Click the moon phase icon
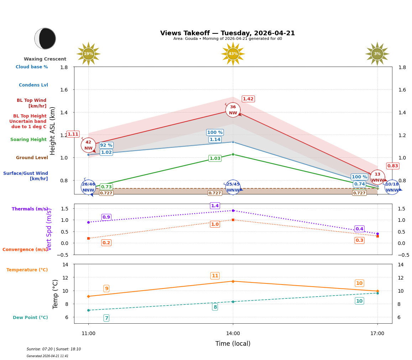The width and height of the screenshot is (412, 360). pyautogui.click(x=45, y=38)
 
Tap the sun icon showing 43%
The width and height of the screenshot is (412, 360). pyautogui.click(x=233, y=54)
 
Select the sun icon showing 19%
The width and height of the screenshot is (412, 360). pyautogui.click(x=88, y=54)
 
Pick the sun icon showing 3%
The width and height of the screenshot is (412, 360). pyautogui.click(x=377, y=54)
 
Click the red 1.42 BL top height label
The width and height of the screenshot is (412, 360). pyautogui.click(x=248, y=99)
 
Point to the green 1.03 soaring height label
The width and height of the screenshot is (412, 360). pyautogui.click(x=215, y=158)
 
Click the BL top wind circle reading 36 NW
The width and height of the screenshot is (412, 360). pyautogui.click(x=233, y=110)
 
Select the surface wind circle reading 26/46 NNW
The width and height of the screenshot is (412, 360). pyautogui.click(x=88, y=187)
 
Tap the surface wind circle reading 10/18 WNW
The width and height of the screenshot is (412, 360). pyautogui.click(x=392, y=187)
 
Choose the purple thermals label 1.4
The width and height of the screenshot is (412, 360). pyautogui.click(x=215, y=206)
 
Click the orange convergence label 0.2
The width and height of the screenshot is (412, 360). pyautogui.click(x=106, y=243)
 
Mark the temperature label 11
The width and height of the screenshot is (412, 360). pyautogui.click(x=215, y=276)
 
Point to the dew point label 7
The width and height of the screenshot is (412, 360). pyautogui.click(x=106, y=318)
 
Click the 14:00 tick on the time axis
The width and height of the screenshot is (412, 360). pyautogui.click(x=233, y=334)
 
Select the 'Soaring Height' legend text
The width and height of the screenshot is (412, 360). pyautogui.click(x=28, y=140)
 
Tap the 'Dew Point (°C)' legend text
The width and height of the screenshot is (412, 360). pyautogui.click(x=30, y=318)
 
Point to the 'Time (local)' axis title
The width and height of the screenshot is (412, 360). pyautogui.click(x=233, y=344)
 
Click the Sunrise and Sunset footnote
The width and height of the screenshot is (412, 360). pyautogui.click(x=54, y=349)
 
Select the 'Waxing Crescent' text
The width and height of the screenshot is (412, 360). pyautogui.click(x=45, y=59)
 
